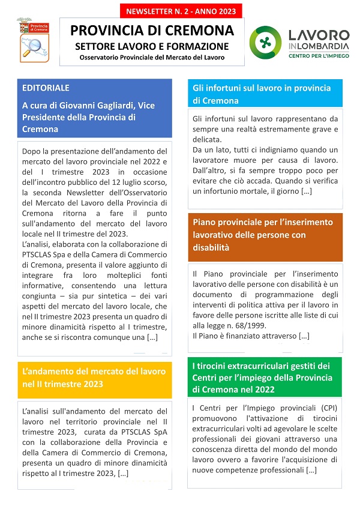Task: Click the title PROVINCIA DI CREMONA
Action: [152, 30]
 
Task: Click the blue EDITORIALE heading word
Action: [46, 88]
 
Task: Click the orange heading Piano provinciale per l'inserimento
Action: [263, 223]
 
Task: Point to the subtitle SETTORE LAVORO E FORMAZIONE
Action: [152, 46]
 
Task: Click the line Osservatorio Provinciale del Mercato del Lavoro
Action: [152, 58]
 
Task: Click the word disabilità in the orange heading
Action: [212, 248]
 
